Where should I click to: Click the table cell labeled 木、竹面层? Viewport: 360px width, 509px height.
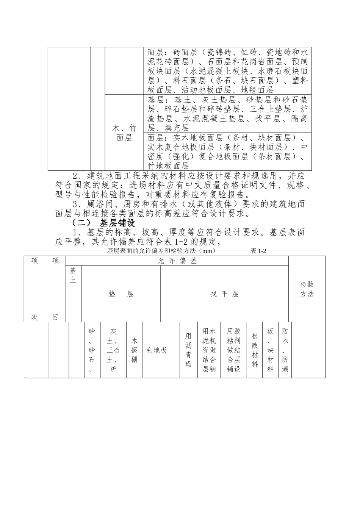(x=124, y=133)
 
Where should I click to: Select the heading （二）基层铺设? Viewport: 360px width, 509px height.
(x=103, y=223)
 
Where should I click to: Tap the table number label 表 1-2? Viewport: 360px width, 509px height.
(x=259, y=251)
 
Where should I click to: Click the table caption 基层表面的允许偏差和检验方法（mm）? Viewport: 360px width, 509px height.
(x=161, y=251)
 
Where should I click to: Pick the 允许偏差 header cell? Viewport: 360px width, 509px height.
(x=177, y=261)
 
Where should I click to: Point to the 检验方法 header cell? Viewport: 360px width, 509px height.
(x=307, y=289)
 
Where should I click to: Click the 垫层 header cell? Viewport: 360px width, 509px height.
(x=121, y=294)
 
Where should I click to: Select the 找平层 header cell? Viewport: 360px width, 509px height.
(x=224, y=294)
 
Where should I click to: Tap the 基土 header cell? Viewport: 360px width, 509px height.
(x=73, y=275)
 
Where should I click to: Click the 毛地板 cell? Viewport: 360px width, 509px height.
(x=157, y=350)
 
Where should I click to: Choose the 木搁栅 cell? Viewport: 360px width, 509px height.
(x=134, y=350)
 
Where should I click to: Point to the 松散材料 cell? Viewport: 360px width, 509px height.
(x=255, y=350)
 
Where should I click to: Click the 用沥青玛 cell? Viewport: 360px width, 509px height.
(x=188, y=350)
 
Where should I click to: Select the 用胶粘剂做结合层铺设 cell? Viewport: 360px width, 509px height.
(x=234, y=350)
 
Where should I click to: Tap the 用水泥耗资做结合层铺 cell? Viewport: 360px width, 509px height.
(x=209, y=350)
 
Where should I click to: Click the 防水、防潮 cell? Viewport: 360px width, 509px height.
(x=285, y=350)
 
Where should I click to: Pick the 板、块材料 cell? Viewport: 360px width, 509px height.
(x=270, y=350)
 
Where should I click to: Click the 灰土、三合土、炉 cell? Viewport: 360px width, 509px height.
(x=113, y=350)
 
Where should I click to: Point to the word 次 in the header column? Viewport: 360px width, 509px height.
(x=34, y=317)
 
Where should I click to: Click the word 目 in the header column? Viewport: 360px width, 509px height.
(x=56, y=317)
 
